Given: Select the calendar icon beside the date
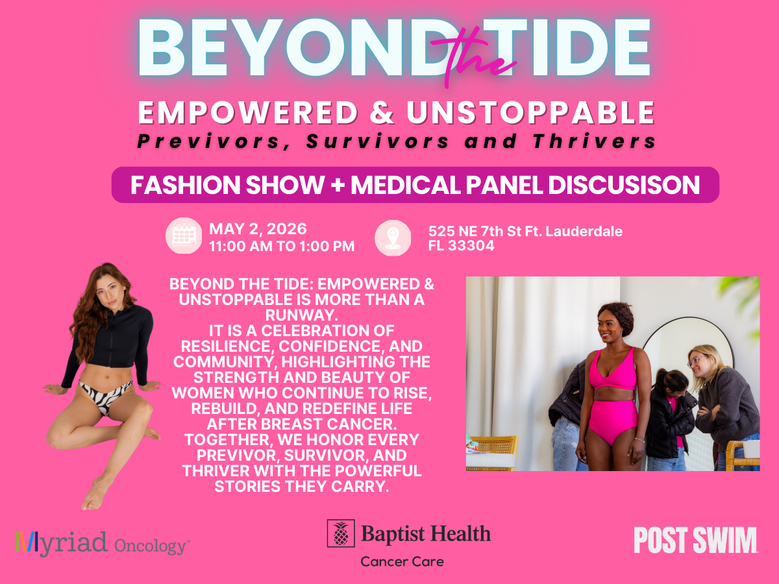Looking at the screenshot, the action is (x=184, y=236).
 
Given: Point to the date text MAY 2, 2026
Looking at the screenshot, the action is (x=258, y=228).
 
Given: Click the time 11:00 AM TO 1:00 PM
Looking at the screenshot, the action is (x=282, y=246).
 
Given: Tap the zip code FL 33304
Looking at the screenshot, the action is (x=461, y=245).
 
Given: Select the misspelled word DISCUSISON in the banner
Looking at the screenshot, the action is (x=624, y=185).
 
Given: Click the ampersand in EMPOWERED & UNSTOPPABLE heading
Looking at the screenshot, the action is (x=382, y=112).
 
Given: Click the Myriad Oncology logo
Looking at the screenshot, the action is (x=103, y=544).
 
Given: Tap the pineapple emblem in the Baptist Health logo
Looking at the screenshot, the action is (x=341, y=533).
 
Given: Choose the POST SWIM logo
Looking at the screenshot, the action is (x=695, y=540).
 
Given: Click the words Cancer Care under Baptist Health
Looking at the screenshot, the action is (x=402, y=562).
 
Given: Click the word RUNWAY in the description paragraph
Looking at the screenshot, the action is (x=301, y=315).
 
